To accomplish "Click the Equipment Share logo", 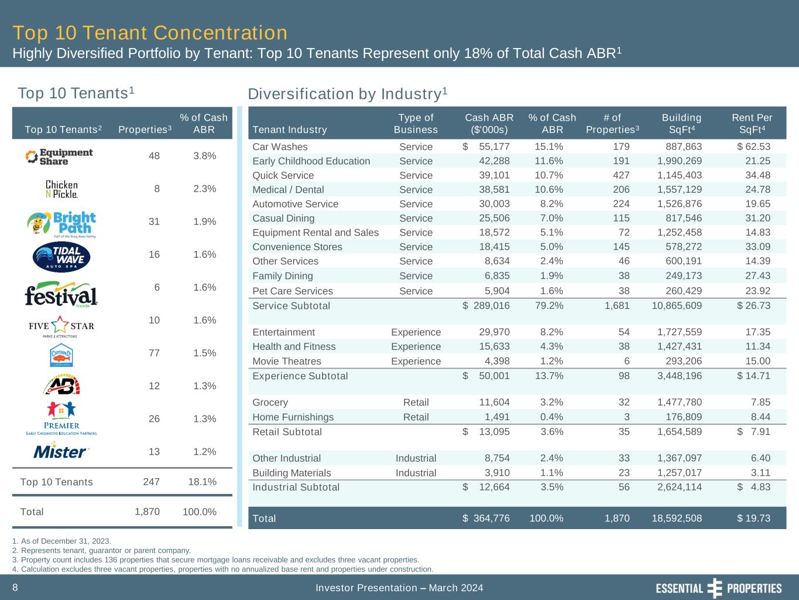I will point(59,156).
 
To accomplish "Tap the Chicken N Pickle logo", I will point(61,189).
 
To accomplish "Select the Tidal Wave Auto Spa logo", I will point(61,255).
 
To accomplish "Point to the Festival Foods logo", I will point(61,295).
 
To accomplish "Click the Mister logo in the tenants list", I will point(61,452).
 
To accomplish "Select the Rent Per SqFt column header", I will point(752,124).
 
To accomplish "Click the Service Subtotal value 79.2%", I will point(549,305).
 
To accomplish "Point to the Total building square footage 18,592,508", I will point(677,518).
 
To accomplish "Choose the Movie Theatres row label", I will point(287,361).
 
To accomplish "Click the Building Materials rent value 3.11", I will point(760,473).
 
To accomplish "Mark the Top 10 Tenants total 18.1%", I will point(203,482).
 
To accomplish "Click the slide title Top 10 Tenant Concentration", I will point(150,33).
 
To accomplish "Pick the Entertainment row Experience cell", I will point(416,332).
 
